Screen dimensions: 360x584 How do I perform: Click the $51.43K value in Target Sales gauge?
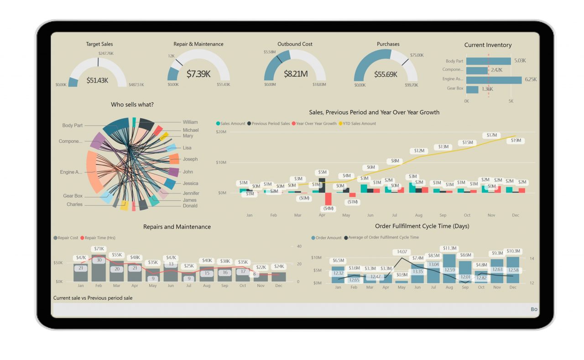click(x=97, y=80)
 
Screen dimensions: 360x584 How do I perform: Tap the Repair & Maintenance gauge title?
click(x=198, y=44)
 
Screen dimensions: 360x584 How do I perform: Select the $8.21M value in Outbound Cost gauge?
click(x=295, y=73)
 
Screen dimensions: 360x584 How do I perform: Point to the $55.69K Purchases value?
click(x=386, y=74)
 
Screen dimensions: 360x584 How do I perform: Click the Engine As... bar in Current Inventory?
click(x=494, y=80)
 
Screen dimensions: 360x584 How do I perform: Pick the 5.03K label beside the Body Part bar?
click(x=520, y=61)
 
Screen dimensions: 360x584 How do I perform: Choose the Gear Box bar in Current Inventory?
click(x=472, y=89)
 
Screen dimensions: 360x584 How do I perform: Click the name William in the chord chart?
click(x=190, y=122)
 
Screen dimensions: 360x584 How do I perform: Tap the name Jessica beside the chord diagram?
click(x=190, y=183)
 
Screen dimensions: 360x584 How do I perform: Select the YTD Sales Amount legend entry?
click(x=359, y=124)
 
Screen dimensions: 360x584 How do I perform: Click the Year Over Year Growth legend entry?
click(x=316, y=124)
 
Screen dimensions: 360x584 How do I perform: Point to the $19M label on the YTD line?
click(x=516, y=141)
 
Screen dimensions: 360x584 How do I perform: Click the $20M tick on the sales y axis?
click(x=221, y=132)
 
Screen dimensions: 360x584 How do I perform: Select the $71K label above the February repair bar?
click(x=99, y=249)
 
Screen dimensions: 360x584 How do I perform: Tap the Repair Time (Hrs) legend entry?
click(x=99, y=238)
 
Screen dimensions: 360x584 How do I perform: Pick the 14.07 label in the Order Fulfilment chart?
click(x=402, y=251)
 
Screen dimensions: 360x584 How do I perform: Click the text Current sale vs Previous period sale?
click(x=93, y=298)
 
